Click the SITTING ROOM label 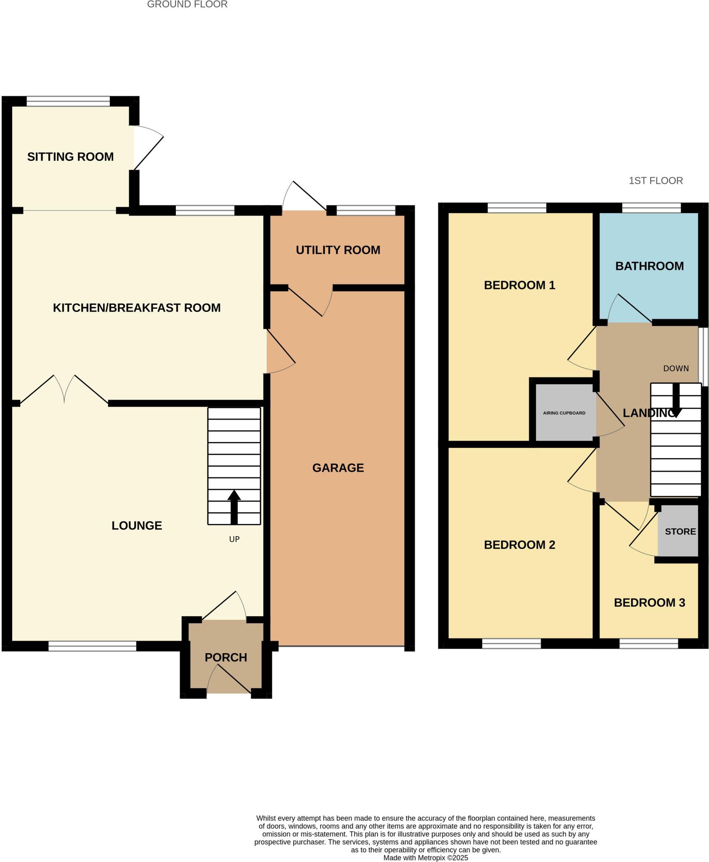point(70,157)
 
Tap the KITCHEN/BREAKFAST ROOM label point(137,308)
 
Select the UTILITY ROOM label point(338,250)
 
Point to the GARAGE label point(338,468)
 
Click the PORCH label point(226,657)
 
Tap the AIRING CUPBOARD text point(564,413)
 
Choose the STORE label point(680,532)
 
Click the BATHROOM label point(649,266)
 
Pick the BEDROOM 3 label point(649,602)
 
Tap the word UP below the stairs point(234,539)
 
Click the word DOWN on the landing point(676,369)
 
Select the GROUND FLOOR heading point(187,5)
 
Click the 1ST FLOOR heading point(656,181)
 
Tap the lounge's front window point(92,646)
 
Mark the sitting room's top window point(68,101)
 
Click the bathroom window point(651,208)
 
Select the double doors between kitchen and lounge point(64,389)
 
